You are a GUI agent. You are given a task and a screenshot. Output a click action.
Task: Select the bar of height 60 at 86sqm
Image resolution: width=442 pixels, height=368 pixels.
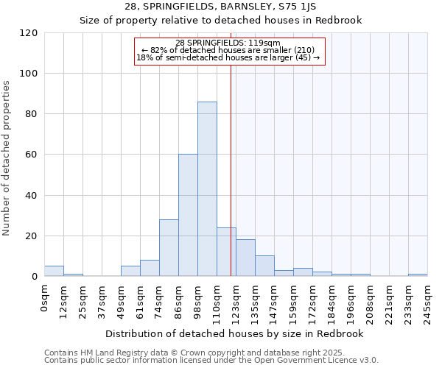pyautogui.click(x=188, y=216)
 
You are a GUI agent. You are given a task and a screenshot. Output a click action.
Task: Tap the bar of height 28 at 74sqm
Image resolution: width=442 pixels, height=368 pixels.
pyautogui.click(x=169, y=248)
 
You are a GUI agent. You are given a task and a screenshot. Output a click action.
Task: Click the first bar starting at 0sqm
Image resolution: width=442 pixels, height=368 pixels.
pyautogui.click(x=54, y=271)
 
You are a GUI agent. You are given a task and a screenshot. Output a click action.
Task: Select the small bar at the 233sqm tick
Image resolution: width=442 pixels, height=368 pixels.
pyautogui.click(x=418, y=275)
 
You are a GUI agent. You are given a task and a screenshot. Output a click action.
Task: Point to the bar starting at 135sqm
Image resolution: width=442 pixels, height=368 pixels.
pyautogui.click(x=264, y=266)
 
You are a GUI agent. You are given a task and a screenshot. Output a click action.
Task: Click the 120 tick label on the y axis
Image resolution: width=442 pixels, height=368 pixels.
pyautogui.click(x=29, y=33)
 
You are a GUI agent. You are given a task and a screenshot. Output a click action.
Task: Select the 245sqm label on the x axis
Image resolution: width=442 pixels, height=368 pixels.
pyautogui.click(x=427, y=303)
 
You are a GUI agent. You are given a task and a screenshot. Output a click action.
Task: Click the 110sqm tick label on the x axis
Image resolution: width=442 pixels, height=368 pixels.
pyautogui.click(x=217, y=303)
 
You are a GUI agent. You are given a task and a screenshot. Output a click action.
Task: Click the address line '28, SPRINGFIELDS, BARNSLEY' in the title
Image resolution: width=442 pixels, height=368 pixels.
pyautogui.click(x=221, y=7)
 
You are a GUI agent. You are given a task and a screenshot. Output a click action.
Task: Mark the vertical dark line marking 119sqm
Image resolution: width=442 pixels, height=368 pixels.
pyautogui.click(x=231, y=169)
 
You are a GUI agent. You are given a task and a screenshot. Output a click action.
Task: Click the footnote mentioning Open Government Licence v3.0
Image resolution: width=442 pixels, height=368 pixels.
pyautogui.click(x=211, y=361)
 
